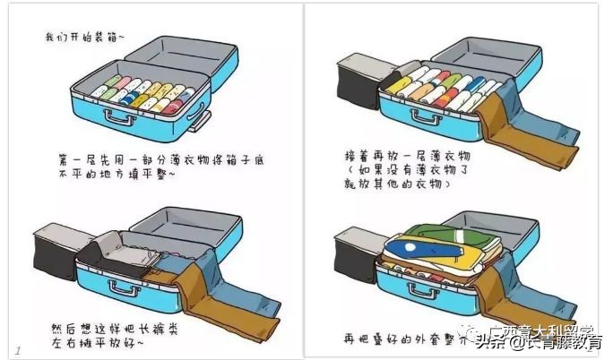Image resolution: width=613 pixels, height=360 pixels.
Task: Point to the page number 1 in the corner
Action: click(17, 347)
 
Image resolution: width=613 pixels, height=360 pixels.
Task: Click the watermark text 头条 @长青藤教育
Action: click(538, 340)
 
